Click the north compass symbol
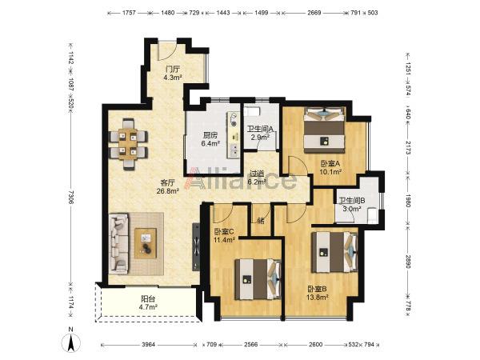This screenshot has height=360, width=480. click(x=71, y=342)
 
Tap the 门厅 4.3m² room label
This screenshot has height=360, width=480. click(x=173, y=73)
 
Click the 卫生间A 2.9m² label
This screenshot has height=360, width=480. click(x=260, y=134)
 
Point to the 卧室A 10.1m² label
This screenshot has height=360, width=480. click(x=330, y=168)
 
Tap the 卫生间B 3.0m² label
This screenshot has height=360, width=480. click(x=351, y=205)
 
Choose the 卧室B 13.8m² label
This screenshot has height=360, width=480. click(x=318, y=292)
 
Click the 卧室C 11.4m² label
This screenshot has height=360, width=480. click(x=224, y=236)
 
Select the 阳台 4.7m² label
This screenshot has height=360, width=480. click(x=148, y=302)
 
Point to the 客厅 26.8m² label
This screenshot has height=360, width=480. click(x=168, y=187)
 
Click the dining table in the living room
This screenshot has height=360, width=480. click(x=128, y=144)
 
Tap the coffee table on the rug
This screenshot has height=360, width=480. click(x=146, y=243)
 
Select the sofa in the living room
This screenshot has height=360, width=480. click(x=118, y=244)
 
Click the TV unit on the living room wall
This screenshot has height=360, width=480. click(x=196, y=246)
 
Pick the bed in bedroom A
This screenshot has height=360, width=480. click(x=325, y=130)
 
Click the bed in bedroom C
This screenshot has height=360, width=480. click(x=258, y=279)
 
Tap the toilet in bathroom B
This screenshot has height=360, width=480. click(x=372, y=215)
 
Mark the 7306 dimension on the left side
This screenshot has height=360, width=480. click(x=70, y=197)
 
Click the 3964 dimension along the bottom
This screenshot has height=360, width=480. click(x=149, y=345)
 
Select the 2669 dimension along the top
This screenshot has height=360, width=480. click(x=314, y=13)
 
